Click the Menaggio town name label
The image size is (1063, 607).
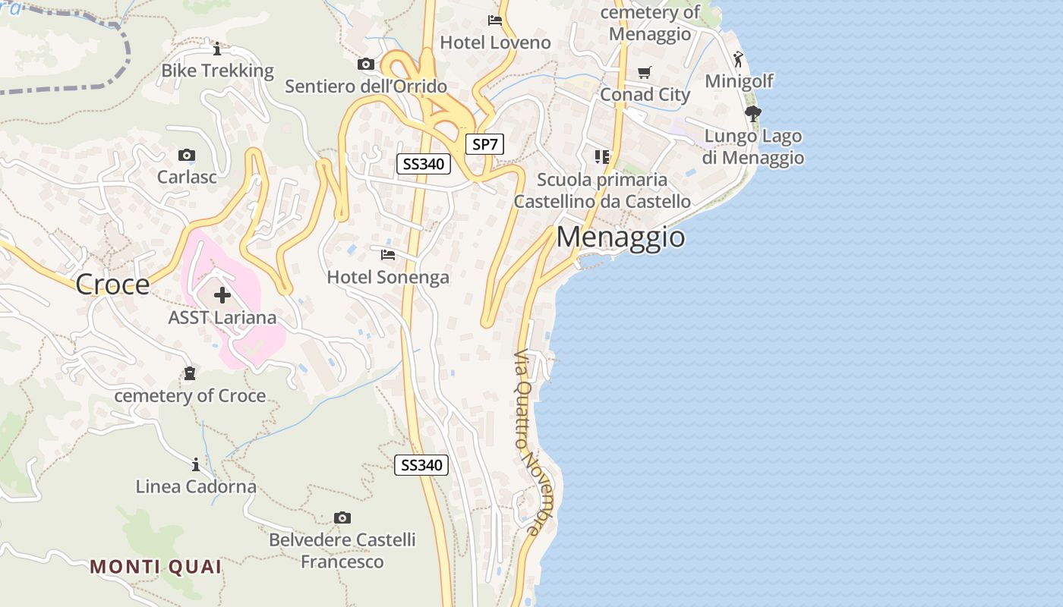(x=620, y=237)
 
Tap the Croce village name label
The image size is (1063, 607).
(x=112, y=285)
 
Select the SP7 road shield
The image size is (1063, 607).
(x=484, y=144)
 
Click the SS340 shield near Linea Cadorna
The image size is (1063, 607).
(x=421, y=465)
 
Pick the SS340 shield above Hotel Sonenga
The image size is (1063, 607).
(x=424, y=163)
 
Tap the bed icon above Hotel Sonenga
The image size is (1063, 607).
(x=388, y=254)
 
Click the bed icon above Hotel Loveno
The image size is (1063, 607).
(x=495, y=20)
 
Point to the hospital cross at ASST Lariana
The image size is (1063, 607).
(x=222, y=294)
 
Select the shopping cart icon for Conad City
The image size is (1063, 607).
(x=645, y=72)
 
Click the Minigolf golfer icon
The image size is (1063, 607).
(x=738, y=58)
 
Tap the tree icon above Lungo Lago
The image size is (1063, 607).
(x=752, y=114)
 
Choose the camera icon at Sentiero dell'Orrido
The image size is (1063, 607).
(x=366, y=64)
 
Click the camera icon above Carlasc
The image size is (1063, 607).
(x=187, y=156)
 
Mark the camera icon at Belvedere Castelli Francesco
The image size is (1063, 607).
(x=342, y=517)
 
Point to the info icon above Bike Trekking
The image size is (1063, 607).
(x=217, y=49)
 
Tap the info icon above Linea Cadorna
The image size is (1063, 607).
(x=196, y=464)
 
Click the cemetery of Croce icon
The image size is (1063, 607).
(x=189, y=373)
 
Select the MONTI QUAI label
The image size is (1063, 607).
(x=156, y=567)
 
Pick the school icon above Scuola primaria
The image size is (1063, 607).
(x=602, y=157)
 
